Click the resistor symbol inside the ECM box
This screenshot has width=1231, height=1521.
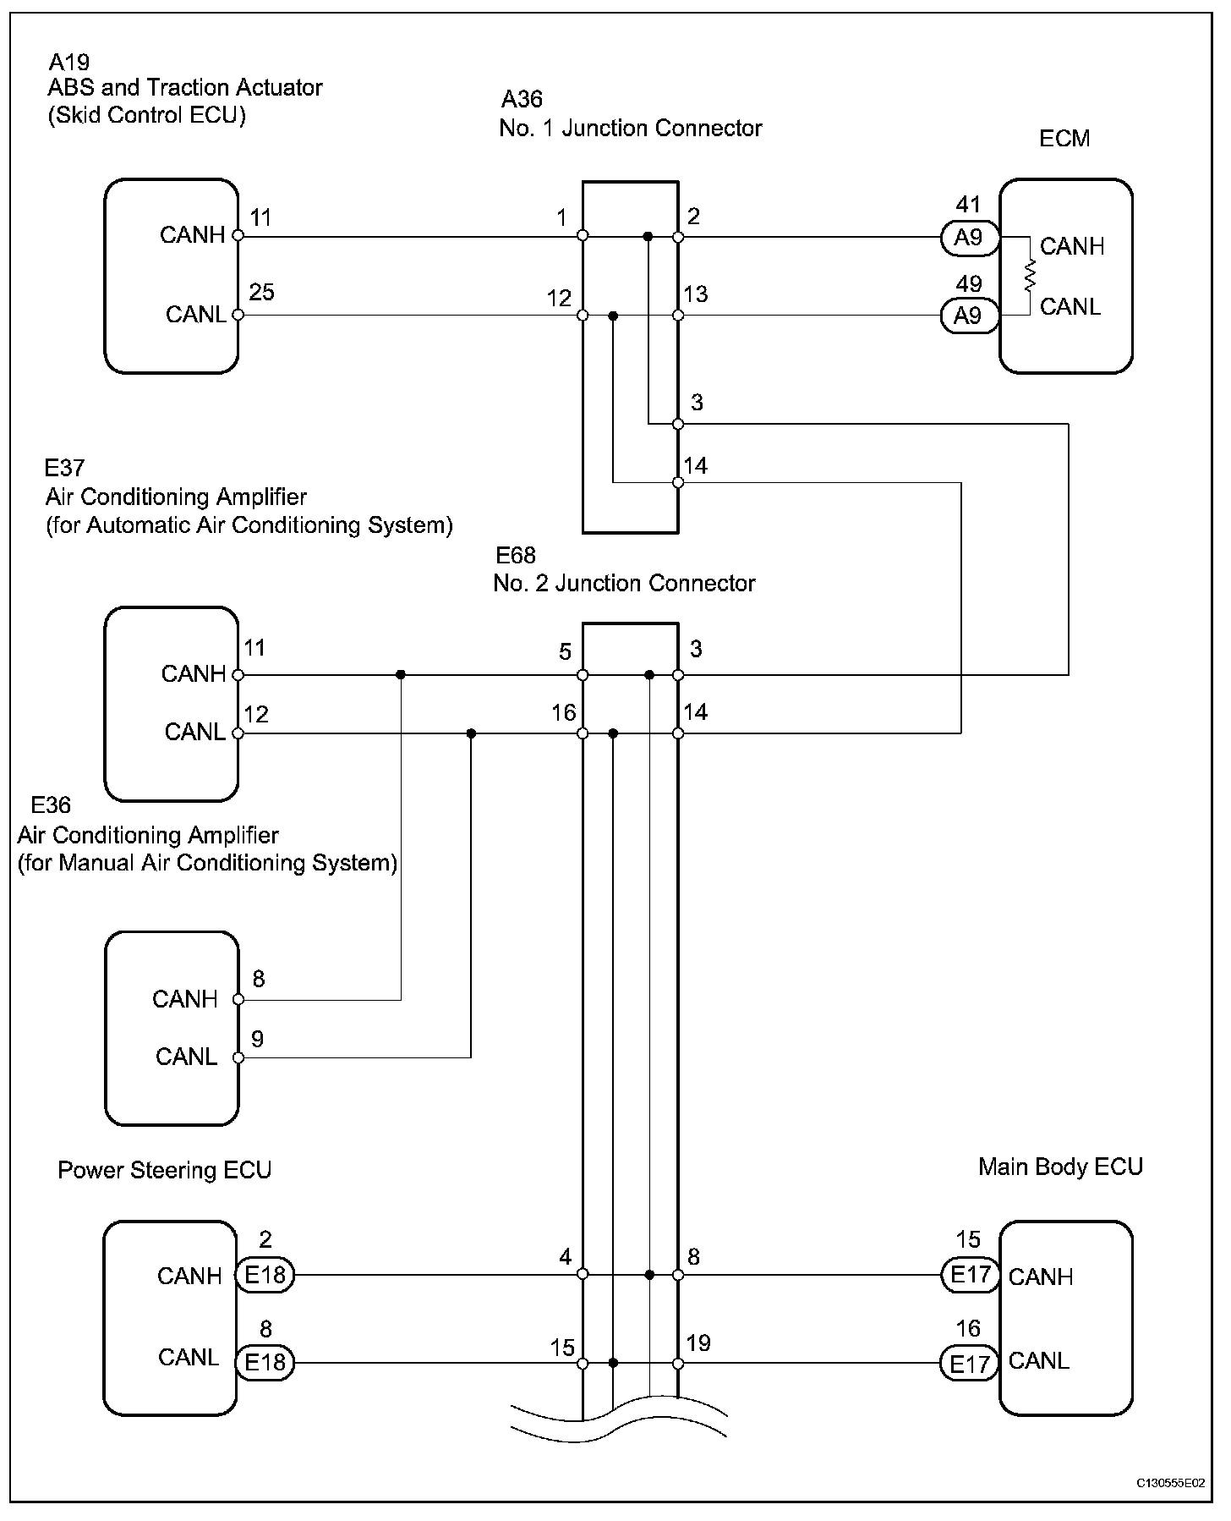click(1030, 277)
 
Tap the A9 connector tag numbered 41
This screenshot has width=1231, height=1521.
click(969, 238)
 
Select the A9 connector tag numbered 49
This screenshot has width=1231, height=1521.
click(969, 316)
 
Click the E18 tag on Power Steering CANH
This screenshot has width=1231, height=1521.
click(265, 1275)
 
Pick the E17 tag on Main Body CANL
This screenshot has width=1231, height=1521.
click(969, 1364)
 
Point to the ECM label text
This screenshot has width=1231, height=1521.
click(1064, 139)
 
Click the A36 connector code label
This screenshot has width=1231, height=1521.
click(522, 100)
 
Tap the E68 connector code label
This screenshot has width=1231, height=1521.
click(516, 556)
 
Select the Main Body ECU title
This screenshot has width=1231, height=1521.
click(1060, 1167)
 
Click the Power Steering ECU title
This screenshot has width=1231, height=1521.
click(165, 1171)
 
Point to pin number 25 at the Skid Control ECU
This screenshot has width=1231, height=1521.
click(262, 293)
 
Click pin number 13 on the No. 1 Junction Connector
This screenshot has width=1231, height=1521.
click(696, 294)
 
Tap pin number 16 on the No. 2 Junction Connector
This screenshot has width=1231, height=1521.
click(564, 713)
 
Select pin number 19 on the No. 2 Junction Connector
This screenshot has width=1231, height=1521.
click(698, 1343)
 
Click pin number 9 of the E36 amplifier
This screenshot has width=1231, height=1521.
click(258, 1039)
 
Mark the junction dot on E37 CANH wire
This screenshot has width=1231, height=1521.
click(401, 675)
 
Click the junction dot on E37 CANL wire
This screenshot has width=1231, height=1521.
click(471, 733)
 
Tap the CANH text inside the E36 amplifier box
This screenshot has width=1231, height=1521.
click(185, 999)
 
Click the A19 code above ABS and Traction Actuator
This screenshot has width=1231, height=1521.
click(69, 62)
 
